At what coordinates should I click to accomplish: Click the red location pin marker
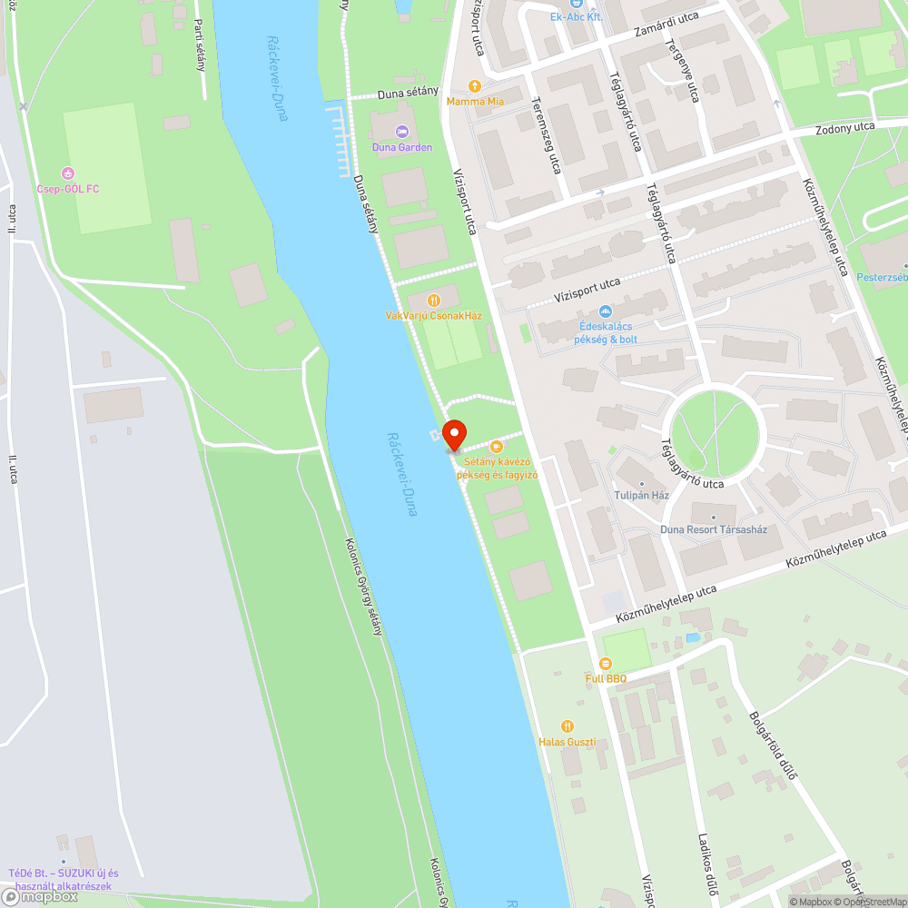(x=453, y=435)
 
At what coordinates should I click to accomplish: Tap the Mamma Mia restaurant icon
(x=474, y=86)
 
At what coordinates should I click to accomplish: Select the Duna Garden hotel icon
(x=402, y=132)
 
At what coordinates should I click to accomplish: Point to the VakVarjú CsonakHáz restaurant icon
(x=433, y=300)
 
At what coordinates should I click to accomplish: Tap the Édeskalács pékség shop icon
(x=605, y=311)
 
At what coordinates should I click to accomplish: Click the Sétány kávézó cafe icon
(x=496, y=446)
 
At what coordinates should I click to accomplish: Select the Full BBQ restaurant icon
(x=606, y=663)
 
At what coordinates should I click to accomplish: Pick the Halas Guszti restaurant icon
(x=567, y=726)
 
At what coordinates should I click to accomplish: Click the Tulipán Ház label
(x=642, y=495)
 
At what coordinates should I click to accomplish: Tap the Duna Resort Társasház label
(x=714, y=528)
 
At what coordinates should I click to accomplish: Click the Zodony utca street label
(x=845, y=127)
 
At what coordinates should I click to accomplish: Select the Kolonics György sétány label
(x=363, y=587)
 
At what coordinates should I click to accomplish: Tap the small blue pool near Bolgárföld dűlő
(x=694, y=638)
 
